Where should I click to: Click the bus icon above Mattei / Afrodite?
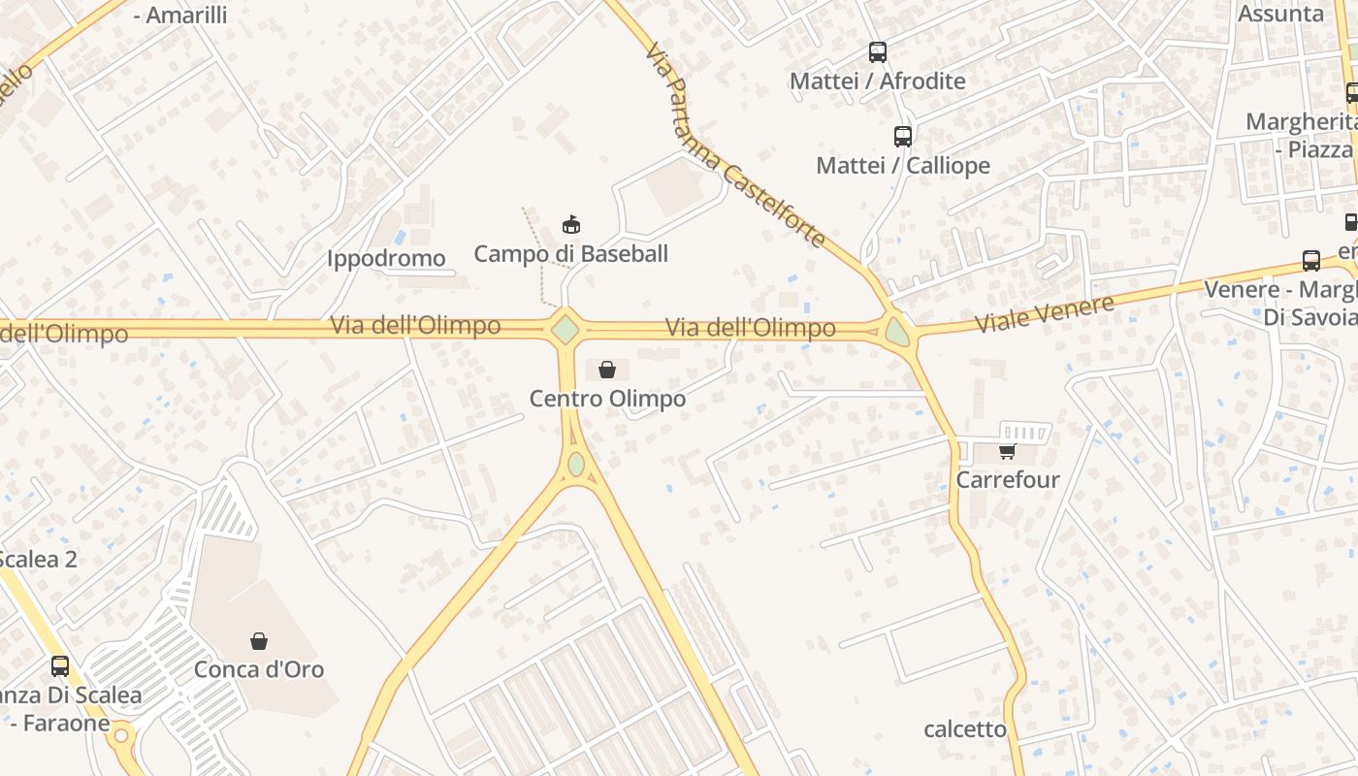tap(878, 52)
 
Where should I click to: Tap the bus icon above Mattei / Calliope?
tap(903, 137)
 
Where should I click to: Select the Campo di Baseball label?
tap(570, 254)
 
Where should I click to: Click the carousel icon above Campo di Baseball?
tap(571, 225)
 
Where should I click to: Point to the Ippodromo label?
tap(386, 259)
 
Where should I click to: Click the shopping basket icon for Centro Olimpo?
tap(607, 370)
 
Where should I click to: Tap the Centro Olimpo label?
tap(607, 399)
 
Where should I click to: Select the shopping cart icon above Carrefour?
tap(1008, 451)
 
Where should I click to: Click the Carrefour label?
tap(1008, 480)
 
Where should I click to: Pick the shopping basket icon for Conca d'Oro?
tap(259, 641)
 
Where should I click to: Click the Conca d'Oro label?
tap(259, 669)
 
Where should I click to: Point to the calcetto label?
tap(965, 729)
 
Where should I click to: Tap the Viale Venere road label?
tap(1045, 313)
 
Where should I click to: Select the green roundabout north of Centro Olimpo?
tap(565, 330)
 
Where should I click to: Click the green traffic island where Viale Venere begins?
tap(897, 333)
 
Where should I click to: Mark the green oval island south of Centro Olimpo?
tap(576, 465)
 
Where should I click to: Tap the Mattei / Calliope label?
tap(903, 166)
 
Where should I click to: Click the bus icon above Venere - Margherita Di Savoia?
tap(1311, 261)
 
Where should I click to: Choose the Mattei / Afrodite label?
tap(878, 81)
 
